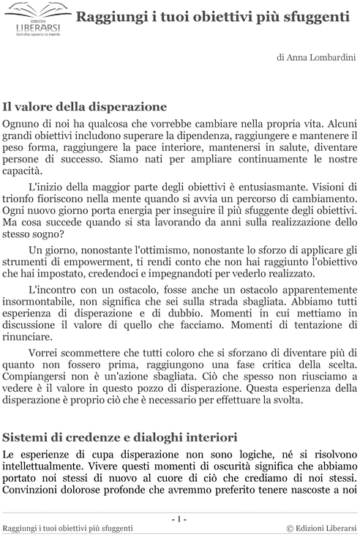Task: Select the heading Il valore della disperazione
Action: click(x=85, y=106)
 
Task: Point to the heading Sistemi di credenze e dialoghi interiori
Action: click(x=119, y=437)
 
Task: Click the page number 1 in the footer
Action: click(x=179, y=519)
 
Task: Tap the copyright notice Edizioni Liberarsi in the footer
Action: click(x=321, y=528)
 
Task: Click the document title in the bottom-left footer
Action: click(x=68, y=528)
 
